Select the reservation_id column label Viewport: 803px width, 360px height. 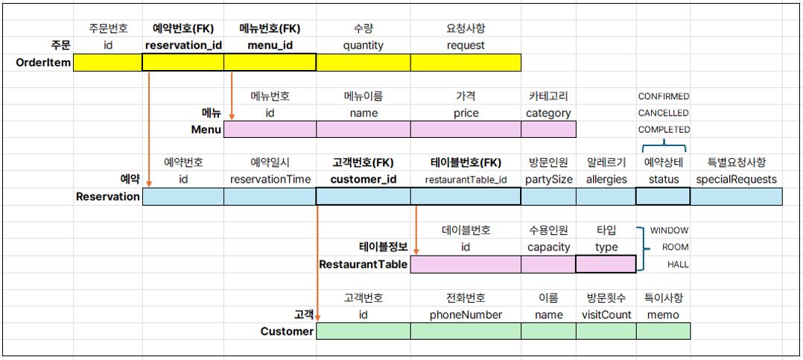click(183, 45)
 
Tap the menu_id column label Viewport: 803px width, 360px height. click(270, 45)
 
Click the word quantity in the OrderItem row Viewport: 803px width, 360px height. click(363, 45)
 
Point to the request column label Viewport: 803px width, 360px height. click(466, 45)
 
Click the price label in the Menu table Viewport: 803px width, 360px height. click(466, 113)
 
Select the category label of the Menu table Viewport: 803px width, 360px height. click(548, 113)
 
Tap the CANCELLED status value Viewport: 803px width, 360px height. click(663, 113)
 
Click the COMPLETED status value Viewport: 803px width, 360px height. click(664, 130)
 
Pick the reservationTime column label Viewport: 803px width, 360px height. click(270, 179)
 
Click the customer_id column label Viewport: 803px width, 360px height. click(363, 179)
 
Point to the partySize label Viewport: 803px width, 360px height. click(548, 180)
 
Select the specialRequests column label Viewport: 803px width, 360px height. click(736, 179)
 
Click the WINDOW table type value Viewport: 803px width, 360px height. click(670, 230)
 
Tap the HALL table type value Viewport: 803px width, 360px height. click(678, 265)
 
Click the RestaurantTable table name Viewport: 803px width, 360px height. click(363, 265)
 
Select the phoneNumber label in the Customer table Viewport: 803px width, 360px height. click(466, 315)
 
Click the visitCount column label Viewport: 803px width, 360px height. click(606, 315)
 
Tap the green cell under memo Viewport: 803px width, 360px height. click(664, 331)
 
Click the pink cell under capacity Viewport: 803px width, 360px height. click(548, 265)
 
